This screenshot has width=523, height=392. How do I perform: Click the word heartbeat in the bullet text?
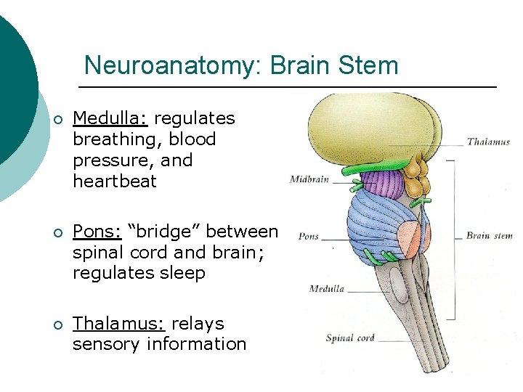(114, 181)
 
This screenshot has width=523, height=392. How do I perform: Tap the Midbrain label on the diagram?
(310, 179)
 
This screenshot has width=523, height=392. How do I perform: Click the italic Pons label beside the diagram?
(309, 237)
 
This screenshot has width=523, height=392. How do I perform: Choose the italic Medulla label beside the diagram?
(326, 289)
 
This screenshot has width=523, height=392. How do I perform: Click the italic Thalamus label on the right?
(488, 142)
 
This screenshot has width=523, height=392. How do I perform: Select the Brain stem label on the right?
(489, 235)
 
